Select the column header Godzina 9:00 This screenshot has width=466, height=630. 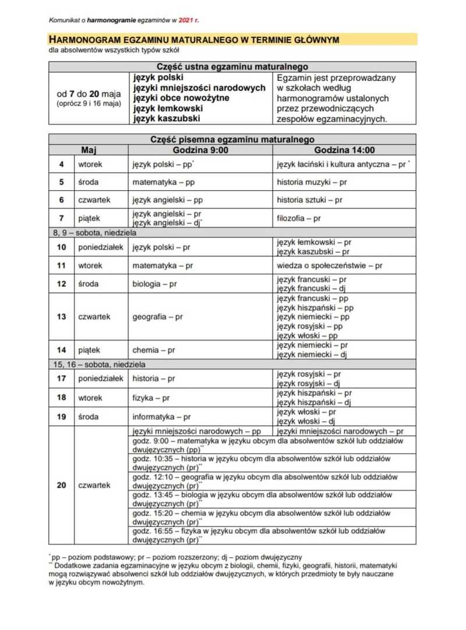200,150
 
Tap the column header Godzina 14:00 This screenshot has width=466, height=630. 345,150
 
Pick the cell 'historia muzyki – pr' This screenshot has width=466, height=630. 312,182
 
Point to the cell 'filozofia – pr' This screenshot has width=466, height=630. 298,218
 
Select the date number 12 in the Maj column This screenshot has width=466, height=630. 62,284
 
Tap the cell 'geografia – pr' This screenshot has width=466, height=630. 157,317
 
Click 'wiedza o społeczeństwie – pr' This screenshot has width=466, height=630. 330,265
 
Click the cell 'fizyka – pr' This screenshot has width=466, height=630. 151,398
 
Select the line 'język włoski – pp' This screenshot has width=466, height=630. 307,336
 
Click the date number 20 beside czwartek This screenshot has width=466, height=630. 62,485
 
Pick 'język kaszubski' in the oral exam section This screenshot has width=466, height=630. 166,118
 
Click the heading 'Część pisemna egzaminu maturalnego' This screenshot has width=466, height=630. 232,140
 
